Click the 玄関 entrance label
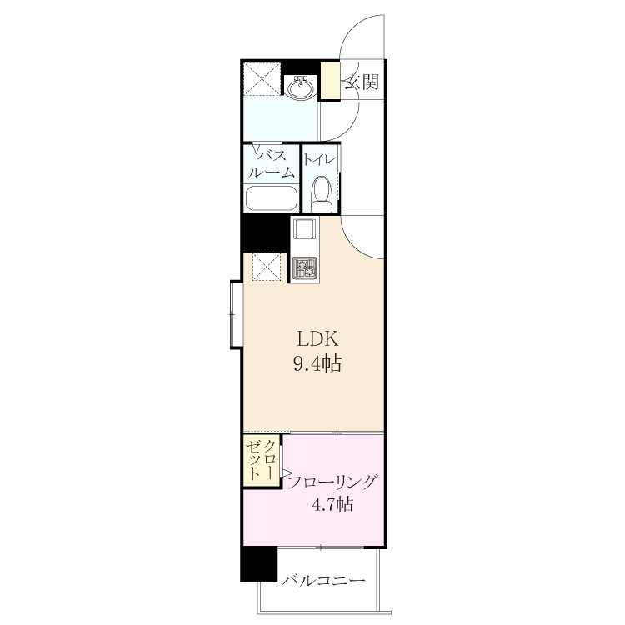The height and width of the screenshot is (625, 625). (x=362, y=82)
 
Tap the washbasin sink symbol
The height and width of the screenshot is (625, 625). (x=301, y=87)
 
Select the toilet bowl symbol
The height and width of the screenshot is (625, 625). (x=321, y=194)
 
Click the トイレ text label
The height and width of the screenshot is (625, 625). (x=320, y=160)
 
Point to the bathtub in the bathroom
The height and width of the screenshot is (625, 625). (x=272, y=198)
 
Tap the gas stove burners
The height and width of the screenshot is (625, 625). (x=305, y=268)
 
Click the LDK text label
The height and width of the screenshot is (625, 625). (x=317, y=339)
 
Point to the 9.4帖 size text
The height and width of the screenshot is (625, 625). (x=317, y=363)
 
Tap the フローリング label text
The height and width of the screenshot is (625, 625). (x=332, y=482)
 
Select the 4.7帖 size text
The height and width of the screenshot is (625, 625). (x=332, y=505)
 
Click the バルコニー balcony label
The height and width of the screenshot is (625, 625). (x=323, y=580)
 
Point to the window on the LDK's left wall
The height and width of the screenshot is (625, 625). (x=236, y=314)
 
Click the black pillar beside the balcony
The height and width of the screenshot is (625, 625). (x=258, y=563)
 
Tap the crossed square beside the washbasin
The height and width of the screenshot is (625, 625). (x=262, y=78)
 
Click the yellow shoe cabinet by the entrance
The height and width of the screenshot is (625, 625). (x=331, y=80)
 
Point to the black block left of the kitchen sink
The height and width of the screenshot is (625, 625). (x=266, y=233)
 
